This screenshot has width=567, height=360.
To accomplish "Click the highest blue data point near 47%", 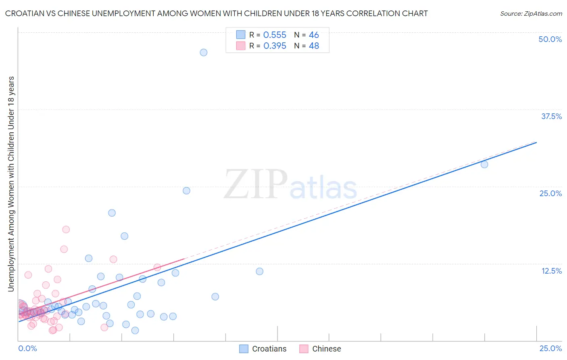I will point(204,52).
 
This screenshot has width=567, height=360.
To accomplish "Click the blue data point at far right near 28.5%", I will point(484,164).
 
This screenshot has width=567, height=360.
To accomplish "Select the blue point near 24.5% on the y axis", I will point(186,190).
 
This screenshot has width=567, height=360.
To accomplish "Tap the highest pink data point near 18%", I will point(66,229).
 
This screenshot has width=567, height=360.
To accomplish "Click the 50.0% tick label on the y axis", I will point(550,39).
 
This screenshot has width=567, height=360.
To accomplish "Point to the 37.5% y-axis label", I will point(551,116).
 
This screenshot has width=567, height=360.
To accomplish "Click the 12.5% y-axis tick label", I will point(551,271).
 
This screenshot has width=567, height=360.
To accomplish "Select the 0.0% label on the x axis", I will point(27,348).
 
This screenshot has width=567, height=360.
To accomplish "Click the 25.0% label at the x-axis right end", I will point(550,348).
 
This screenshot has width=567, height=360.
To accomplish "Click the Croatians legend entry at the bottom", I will point(263,349).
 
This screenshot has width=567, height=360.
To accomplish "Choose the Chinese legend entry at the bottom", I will point(321,349).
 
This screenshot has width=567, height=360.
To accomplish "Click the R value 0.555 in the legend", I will point(275,35).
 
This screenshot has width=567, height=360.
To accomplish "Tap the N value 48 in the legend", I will point(314,46).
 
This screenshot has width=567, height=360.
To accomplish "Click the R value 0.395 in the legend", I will point(275,46).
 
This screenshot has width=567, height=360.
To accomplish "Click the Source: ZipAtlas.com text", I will point(531,13).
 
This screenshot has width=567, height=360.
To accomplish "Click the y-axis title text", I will point(11,184).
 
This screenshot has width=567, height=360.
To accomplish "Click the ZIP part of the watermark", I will point(255,185).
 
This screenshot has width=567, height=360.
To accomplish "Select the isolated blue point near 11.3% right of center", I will point(259,271).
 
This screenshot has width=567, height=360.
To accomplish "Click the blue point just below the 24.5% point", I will point(112,213).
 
